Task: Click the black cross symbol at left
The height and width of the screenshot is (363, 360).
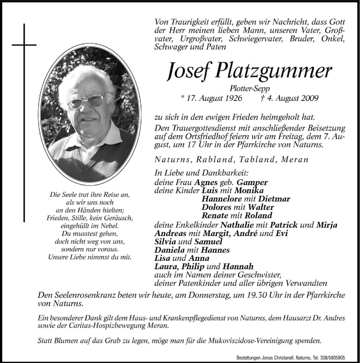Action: pos(24,45)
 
